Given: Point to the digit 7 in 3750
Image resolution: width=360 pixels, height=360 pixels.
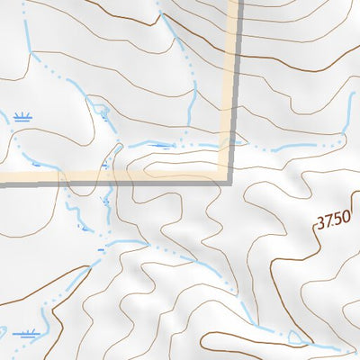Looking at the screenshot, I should [x=329, y=222].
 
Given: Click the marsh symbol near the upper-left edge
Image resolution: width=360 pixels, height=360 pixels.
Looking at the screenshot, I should [x=22, y=117].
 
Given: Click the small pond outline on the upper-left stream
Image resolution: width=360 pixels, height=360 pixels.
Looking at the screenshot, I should [x=102, y=112].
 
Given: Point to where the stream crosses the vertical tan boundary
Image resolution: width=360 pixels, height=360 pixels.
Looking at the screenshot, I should [x=235, y=143].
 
